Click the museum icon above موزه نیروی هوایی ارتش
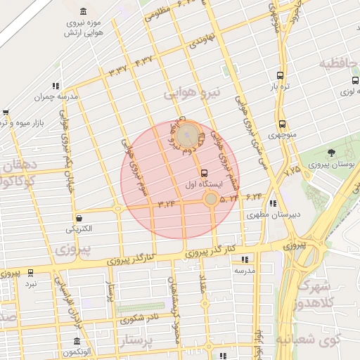(84, 12)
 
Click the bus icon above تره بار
(281, 75)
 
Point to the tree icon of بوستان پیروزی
(331, 153)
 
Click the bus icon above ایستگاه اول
(205, 173)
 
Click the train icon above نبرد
(30, 272)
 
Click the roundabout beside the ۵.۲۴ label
(211, 200)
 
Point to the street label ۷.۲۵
(292, 168)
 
